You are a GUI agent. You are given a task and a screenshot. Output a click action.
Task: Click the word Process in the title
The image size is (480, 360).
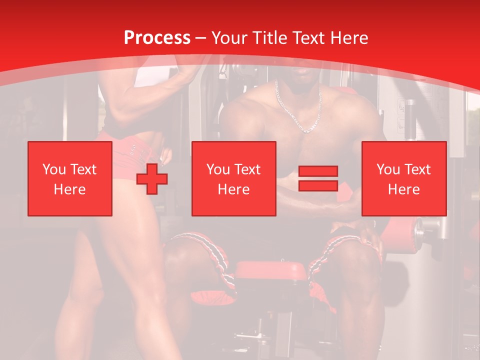(157, 38)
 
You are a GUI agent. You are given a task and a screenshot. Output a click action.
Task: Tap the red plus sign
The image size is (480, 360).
(152, 179)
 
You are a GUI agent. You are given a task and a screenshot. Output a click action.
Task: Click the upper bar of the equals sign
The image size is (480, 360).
(318, 171)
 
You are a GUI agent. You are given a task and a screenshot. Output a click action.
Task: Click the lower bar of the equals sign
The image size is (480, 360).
(318, 186)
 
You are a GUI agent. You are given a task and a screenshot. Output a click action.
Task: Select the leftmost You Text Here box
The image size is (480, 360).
(70, 178)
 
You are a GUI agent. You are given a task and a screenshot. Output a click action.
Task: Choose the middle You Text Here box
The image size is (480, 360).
(233, 178)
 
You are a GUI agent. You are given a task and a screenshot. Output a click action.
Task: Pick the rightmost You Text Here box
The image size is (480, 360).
(403, 178)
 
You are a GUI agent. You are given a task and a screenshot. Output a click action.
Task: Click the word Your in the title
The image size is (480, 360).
(229, 38)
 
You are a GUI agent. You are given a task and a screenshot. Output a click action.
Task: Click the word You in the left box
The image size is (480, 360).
(53, 169)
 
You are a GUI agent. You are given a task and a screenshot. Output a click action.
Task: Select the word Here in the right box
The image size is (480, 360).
(403, 189)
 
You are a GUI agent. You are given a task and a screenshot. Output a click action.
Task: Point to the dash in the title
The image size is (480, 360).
(201, 38)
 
